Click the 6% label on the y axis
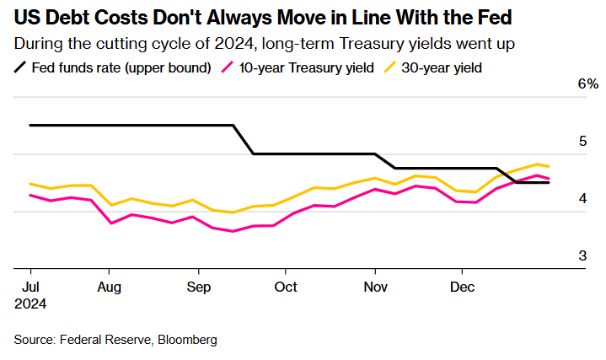pos(587,84)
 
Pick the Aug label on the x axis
pos(110,287)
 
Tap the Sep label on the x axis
pos(199,287)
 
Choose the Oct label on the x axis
pos(287,287)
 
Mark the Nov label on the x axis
pos(375,287)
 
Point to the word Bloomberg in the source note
pos(187,340)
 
